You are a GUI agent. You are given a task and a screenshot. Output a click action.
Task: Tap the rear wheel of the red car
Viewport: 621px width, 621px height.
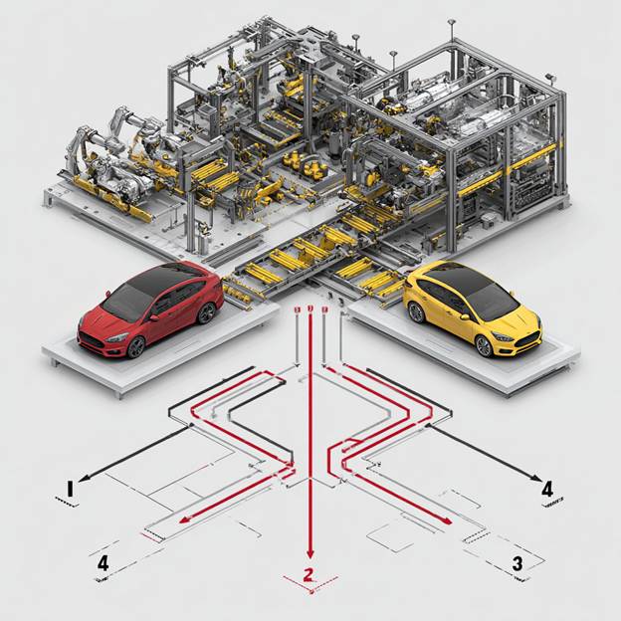pyautogui.click(x=207, y=312)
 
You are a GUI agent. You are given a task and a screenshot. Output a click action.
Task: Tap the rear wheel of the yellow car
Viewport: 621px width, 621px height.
pyautogui.click(x=414, y=312)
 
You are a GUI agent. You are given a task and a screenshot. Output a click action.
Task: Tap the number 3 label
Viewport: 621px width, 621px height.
pyautogui.click(x=517, y=564)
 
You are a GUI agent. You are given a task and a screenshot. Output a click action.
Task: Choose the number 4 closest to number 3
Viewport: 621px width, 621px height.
pyautogui.click(x=546, y=489)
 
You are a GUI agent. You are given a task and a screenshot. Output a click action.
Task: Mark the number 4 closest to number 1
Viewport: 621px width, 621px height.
pyautogui.click(x=103, y=564)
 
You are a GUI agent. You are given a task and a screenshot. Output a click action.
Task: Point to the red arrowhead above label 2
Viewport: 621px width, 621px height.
pyautogui.click(x=310, y=553)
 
